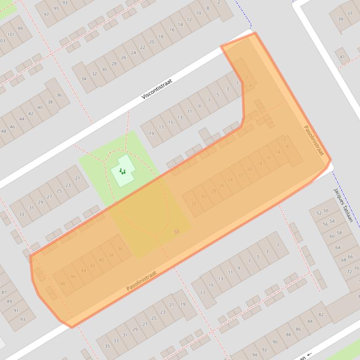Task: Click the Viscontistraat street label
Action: pyautogui.click(x=157, y=89)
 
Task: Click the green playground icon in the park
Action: pyautogui.click(x=123, y=172)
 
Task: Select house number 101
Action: pyautogui.click(x=11, y=35)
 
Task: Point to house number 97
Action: pyautogui.click(x=46, y=14)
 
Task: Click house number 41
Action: pyautogui.click(x=342, y=57)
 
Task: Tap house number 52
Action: pyautogui.click(x=319, y=213)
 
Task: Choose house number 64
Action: pyautogui.click(x=338, y=247)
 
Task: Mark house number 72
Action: pyautogui.click(x=349, y=272)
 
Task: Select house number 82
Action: pyautogui.click(x=321, y=315)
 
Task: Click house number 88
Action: pyautogui.click(x=288, y=334)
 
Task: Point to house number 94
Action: pyautogui.click(x=254, y=355)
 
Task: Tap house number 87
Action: pyautogui.click(x=4, y=292)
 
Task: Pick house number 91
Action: pyautogui.click(x=16, y=310)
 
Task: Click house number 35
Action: pyautogui.click(x=107, y=346)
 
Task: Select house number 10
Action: pyautogui.click(x=198, y=13)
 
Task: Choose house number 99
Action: pyautogui.click(x=20, y=29)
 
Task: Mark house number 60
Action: pyautogui.click(x=332, y=236)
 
